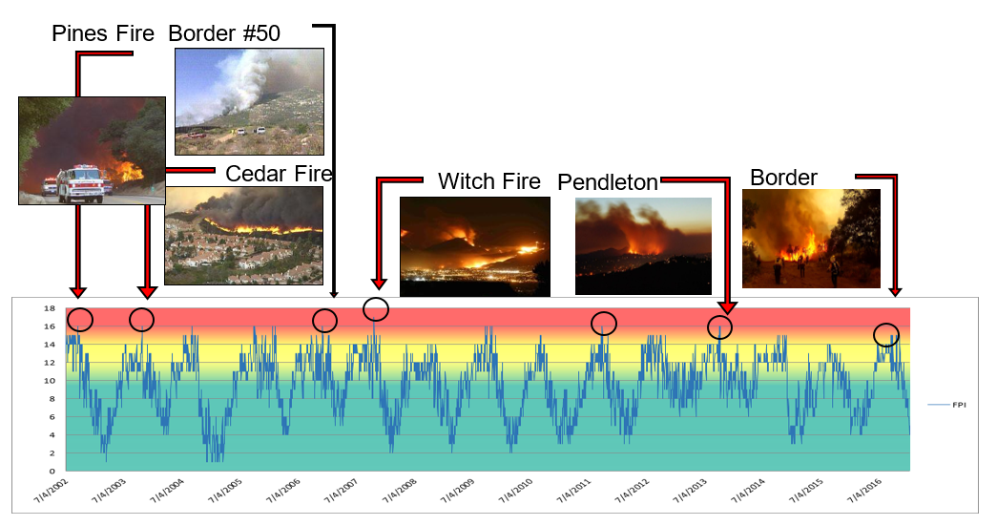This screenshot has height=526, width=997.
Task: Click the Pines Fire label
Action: pyautogui.click(x=102, y=34)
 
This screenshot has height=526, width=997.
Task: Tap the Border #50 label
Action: pyautogui.click(x=224, y=34)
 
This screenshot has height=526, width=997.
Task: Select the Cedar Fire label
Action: pyautogui.click(x=279, y=174)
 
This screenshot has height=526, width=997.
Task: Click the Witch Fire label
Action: pyautogui.click(x=488, y=181)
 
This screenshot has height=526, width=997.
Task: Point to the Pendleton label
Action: pyautogui.click(x=608, y=182)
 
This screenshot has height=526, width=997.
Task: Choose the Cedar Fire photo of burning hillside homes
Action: pyautogui.click(x=243, y=236)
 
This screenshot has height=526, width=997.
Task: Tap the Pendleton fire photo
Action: pyautogui.click(x=643, y=245)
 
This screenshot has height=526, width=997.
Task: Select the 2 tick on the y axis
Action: pyautogui.click(x=50, y=452)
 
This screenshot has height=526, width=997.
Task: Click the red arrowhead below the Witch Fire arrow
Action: pyautogui.click(x=379, y=283)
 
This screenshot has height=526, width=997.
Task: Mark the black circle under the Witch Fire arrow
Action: pyautogui.click(x=376, y=309)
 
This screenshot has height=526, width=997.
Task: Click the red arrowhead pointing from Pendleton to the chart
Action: pyautogui.click(x=727, y=306)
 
